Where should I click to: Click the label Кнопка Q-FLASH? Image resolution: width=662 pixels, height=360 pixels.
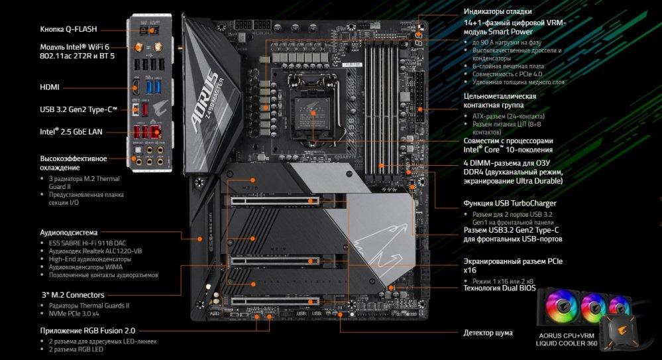(68, 29)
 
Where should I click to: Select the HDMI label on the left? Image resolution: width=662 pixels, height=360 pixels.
(50, 88)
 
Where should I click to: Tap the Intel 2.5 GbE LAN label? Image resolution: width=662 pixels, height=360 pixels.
(71, 131)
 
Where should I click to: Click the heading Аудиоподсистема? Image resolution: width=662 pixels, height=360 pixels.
(68, 233)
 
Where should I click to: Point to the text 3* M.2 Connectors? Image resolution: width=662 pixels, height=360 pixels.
(73, 295)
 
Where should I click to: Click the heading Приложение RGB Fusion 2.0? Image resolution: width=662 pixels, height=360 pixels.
(88, 330)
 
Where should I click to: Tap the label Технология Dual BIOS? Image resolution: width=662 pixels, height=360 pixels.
(500, 288)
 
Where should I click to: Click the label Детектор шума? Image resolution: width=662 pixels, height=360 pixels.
(488, 333)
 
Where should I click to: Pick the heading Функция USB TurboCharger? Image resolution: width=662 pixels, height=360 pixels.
(510, 204)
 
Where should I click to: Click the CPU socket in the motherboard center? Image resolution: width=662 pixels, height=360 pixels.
(313, 111)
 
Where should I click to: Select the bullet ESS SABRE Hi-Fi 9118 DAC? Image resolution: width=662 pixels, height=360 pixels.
(87, 243)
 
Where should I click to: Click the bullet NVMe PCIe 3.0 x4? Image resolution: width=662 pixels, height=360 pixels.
(74, 314)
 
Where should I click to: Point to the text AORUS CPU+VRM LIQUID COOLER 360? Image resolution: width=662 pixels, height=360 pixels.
(567, 339)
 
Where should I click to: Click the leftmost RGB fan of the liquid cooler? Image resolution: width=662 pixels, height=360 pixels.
(561, 305)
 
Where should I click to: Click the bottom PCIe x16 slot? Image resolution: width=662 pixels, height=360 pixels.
(275, 301)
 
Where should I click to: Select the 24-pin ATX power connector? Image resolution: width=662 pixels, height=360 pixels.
(419, 97)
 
